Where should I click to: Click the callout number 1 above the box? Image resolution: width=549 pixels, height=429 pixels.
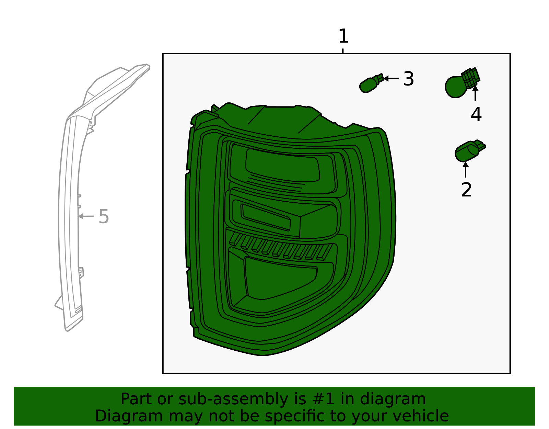[x=343, y=36]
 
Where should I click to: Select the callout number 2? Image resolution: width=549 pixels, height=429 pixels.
[x=466, y=190]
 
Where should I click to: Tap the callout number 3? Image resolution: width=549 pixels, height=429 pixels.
[x=408, y=79]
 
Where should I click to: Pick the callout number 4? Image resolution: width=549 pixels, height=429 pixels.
[x=476, y=114]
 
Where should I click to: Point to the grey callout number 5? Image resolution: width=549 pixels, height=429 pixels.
[x=104, y=217]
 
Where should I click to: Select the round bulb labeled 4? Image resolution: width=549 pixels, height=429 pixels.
[x=456, y=87]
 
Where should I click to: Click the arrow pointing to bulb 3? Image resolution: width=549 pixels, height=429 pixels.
[x=391, y=78]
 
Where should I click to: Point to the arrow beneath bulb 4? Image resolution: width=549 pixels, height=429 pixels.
[x=475, y=93]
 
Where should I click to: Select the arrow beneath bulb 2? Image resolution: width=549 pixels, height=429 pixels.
[x=466, y=170]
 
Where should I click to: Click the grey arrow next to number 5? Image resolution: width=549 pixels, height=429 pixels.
[x=86, y=216]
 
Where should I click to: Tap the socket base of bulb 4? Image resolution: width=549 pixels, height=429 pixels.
[x=471, y=78]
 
